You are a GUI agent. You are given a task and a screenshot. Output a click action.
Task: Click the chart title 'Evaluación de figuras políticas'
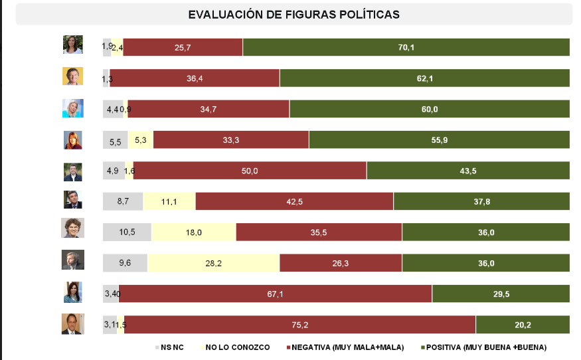(x=293, y=14)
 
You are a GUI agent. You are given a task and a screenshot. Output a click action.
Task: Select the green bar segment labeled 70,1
(x=406, y=47)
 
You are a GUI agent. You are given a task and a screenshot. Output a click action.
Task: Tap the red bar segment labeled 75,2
(x=299, y=325)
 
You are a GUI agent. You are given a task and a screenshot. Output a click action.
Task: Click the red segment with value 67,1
(x=275, y=294)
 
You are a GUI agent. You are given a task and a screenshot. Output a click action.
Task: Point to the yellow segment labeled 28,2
(x=213, y=263)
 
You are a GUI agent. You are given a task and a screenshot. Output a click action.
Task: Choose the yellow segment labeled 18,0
(x=193, y=232)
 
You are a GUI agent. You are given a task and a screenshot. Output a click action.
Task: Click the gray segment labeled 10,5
(x=127, y=232)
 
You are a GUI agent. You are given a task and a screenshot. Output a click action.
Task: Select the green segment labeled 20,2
(x=523, y=325)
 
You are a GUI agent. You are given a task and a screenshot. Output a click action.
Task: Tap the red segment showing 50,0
(x=250, y=171)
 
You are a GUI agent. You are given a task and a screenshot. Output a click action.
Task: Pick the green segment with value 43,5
(x=468, y=171)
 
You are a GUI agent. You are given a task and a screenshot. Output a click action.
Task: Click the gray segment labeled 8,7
(x=123, y=201)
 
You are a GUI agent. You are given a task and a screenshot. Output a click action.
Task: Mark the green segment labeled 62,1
(x=424, y=78)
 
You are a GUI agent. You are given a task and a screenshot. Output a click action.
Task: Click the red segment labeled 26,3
(x=340, y=263)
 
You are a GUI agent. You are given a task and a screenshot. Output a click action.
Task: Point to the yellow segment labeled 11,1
(x=169, y=201)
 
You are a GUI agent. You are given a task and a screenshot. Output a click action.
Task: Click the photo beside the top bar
(x=72, y=45)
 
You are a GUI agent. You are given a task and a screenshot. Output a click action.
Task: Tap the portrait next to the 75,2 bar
(x=72, y=323)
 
